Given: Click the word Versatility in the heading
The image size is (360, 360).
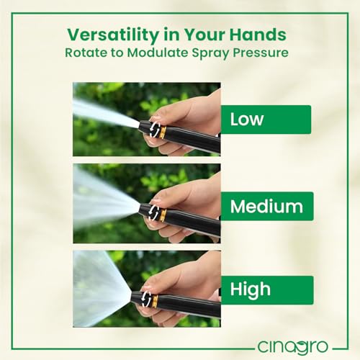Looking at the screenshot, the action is coord(113,35).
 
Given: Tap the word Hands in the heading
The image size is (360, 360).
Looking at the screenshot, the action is coord(258,35).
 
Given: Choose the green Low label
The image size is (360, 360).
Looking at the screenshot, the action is coord(266,120).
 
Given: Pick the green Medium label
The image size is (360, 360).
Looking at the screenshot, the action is coord(267,206).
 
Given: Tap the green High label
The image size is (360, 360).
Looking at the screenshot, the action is coord(267,290).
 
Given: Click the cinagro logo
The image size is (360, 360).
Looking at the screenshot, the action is coord(293,347).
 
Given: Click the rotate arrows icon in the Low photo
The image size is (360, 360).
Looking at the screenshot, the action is coord(155,130).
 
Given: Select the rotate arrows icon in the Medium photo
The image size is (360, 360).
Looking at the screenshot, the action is coord(153,212).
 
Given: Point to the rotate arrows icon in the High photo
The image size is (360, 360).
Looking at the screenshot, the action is coord(146,298).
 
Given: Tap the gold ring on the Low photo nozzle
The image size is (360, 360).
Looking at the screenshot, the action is coord(163,133).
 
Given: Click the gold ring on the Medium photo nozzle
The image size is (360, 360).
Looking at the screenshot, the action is coord(163,215).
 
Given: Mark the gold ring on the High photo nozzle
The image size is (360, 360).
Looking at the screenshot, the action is coord(155,301).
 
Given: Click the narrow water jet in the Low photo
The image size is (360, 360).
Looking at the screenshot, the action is coord(106,113).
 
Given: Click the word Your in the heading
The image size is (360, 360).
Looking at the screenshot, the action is coord(204,35).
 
